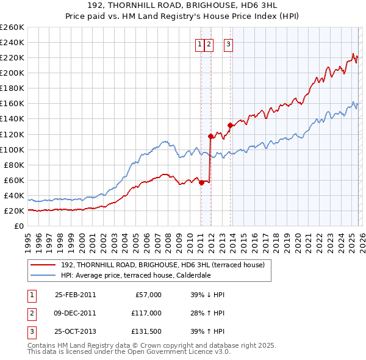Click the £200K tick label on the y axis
pos(12,73)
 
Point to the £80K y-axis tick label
pos(14,165)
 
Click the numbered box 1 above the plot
pos(199,44)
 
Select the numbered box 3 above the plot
pos(228,44)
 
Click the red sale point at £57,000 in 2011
pos(201,182)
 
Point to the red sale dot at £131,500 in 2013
pos(230,125)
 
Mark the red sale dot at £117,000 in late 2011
pos(210,136)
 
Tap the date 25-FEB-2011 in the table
pos(75,295)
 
